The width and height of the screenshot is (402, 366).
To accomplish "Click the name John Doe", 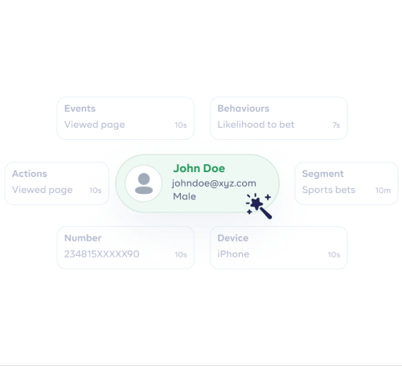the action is point(199,168).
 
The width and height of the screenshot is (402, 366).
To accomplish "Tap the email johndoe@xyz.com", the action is point(214,183).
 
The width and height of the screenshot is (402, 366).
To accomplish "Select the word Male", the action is point(184,196).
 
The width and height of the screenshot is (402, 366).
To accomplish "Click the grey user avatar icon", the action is point(144,183).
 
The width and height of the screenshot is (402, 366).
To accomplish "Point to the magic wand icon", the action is point(259,206).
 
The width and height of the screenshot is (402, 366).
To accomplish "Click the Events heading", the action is point(80,109).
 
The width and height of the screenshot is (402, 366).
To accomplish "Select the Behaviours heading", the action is point(244,109).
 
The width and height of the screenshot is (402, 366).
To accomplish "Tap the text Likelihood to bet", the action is point(256,125).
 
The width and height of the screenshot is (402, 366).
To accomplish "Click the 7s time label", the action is point(336,125).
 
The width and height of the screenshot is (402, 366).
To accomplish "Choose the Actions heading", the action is point(30,174).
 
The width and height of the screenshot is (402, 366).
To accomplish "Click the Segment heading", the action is point(322,175).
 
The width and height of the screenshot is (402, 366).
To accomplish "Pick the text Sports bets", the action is point(329,190).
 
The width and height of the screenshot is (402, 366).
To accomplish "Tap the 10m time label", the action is point(383,191).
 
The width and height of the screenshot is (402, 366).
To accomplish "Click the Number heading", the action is point(83,238).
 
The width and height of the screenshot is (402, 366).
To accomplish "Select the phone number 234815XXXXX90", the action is point(102,254).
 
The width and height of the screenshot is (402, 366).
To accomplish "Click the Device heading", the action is point(233,238).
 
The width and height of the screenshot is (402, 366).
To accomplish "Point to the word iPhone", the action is point(233,254).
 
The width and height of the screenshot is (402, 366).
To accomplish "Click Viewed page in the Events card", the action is point(95,125).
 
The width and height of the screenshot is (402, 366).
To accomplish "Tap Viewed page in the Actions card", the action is point(43,191).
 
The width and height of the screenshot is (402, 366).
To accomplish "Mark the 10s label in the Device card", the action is point(334,255).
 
